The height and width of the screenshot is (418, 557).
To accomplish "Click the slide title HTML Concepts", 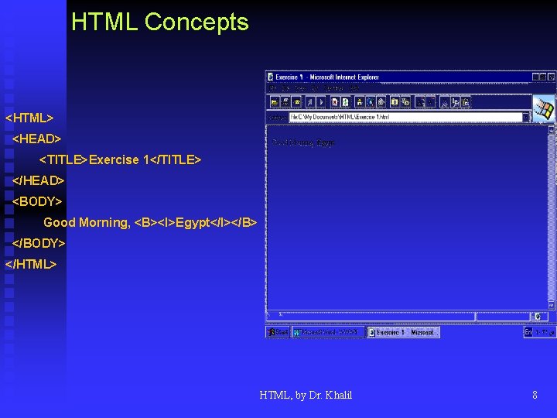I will click(x=160, y=22).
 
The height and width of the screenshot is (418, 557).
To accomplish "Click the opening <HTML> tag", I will click(x=29, y=118).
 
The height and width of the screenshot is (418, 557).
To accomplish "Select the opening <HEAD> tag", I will click(x=37, y=139).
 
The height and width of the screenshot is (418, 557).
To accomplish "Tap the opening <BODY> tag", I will click(x=37, y=201).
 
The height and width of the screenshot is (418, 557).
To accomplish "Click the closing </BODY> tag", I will click(x=39, y=243).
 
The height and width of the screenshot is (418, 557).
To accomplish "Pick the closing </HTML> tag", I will click(x=31, y=264).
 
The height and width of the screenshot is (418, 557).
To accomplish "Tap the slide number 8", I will click(x=535, y=395).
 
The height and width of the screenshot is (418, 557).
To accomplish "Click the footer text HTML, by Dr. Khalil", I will click(x=306, y=395).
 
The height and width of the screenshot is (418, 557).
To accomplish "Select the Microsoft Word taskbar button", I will click(x=328, y=332).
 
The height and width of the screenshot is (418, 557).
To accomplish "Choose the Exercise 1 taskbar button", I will click(x=402, y=332).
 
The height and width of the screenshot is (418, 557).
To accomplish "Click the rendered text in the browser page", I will click(x=304, y=142).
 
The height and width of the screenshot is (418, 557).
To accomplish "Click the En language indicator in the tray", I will click(x=528, y=332).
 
